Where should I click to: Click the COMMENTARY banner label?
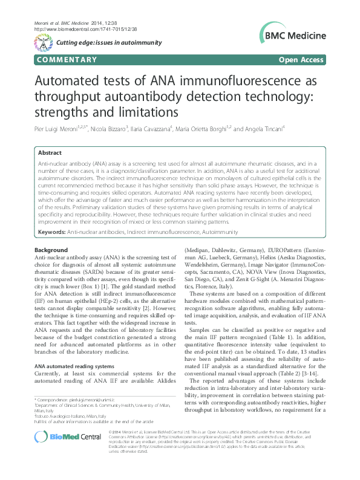click(x=67, y=60)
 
